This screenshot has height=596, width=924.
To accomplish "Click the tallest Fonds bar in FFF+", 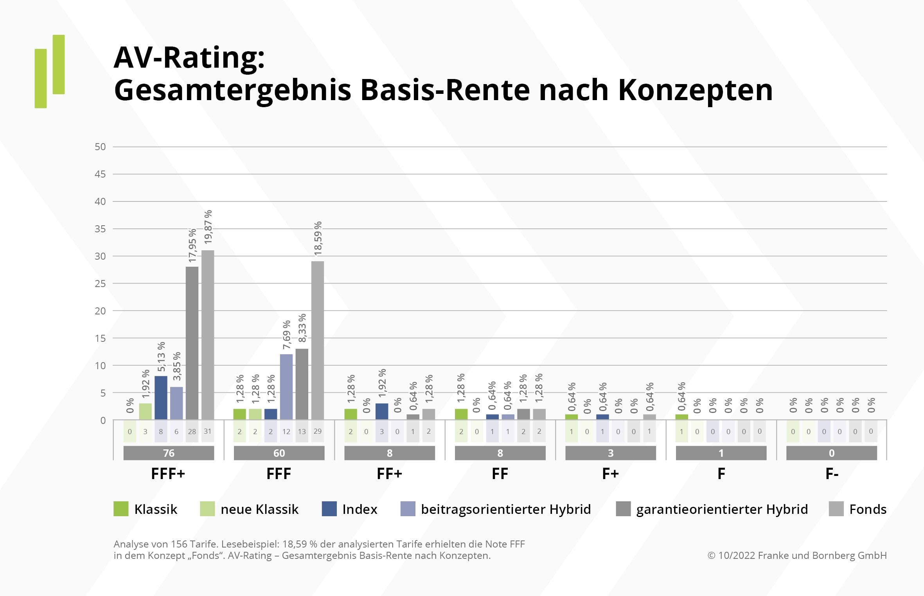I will (x=208, y=335).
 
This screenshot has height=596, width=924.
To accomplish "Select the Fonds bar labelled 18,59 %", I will (x=318, y=340).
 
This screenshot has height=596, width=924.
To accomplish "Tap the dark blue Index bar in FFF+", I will (x=161, y=398).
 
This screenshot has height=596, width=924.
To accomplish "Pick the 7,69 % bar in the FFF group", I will (x=286, y=387).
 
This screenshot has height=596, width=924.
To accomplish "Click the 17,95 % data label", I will (x=192, y=245).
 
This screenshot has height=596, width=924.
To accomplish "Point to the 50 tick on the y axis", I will (x=100, y=147).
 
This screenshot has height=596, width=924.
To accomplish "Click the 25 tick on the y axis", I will (x=100, y=284).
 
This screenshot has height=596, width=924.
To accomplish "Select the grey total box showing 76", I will (x=169, y=453).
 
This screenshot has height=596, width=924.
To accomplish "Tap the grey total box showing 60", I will (x=279, y=453).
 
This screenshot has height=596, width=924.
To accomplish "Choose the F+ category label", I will (x=610, y=474).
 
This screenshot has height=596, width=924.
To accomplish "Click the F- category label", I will (x=832, y=474).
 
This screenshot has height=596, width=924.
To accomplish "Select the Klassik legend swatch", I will (x=121, y=509).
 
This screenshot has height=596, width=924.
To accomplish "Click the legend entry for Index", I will (x=360, y=509).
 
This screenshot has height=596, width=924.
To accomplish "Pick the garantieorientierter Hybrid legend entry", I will (x=722, y=509).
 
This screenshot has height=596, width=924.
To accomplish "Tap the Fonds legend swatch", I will (x=836, y=509).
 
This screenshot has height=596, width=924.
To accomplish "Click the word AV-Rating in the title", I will (x=189, y=57).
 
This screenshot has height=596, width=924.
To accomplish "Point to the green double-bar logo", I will (x=50, y=72).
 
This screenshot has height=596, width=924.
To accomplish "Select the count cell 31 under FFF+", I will (x=208, y=431).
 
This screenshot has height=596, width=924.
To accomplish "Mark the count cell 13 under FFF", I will (x=302, y=431).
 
